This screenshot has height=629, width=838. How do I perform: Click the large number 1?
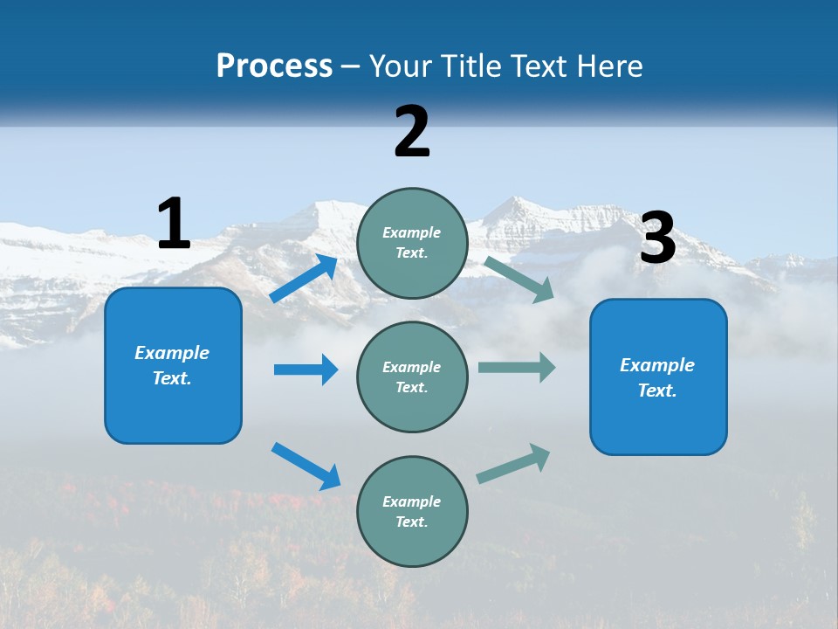[x=174, y=224]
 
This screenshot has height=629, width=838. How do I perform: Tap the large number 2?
[x=412, y=132]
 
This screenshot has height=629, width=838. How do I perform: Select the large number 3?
[x=658, y=238]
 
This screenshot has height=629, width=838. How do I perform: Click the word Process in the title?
[x=274, y=66]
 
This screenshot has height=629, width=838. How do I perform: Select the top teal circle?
[x=412, y=243]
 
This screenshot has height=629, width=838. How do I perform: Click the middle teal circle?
[x=412, y=377]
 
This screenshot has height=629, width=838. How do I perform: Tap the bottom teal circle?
[x=412, y=511]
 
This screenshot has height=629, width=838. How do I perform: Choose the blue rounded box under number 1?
[x=173, y=366]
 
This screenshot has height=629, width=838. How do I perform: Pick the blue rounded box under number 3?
[x=658, y=377]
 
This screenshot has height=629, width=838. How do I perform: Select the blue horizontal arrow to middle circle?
[x=306, y=370]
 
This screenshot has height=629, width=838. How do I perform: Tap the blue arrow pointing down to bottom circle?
[x=306, y=466]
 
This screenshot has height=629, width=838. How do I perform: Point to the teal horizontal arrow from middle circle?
[x=517, y=367]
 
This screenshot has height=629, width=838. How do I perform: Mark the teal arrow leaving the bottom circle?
[x=513, y=463]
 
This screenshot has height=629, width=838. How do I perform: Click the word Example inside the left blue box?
[x=172, y=353]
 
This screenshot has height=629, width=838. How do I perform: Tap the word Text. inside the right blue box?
[x=657, y=391]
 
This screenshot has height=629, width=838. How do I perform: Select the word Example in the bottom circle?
[x=412, y=501]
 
